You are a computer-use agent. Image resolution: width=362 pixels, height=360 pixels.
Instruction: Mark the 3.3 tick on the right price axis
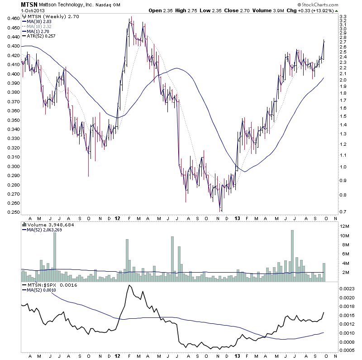(x=343, y=16)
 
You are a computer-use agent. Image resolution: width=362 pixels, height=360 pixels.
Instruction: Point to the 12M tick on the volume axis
(x=345, y=226)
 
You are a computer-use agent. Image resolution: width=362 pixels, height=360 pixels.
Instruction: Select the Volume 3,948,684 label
(x=48, y=225)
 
